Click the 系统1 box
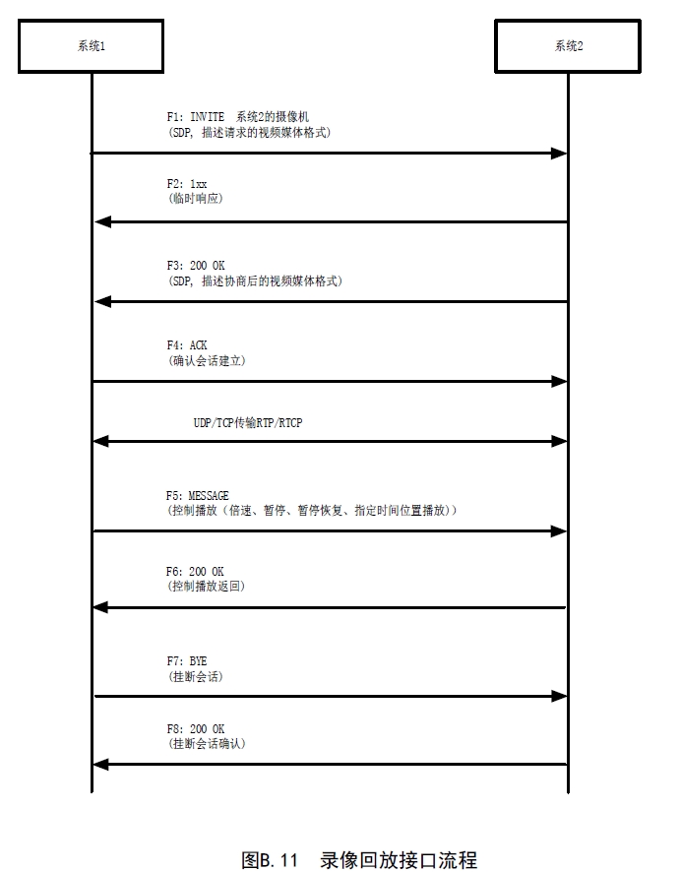click(x=92, y=46)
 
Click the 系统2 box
click(x=568, y=46)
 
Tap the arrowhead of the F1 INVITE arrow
click(x=560, y=154)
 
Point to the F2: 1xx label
click(x=187, y=184)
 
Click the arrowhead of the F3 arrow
click(x=101, y=302)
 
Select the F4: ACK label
click(x=187, y=345)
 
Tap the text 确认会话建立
click(x=207, y=361)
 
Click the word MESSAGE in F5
click(x=209, y=496)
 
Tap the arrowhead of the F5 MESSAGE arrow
click(x=560, y=531)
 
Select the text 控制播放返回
click(x=207, y=587)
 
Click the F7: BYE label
click(x=187, y=660)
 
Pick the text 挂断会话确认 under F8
click(x=207, y=744)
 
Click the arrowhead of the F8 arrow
click(x=101, y=764)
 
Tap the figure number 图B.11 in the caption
click(x=270, y=859)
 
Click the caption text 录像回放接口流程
click(x=399, y=859)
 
